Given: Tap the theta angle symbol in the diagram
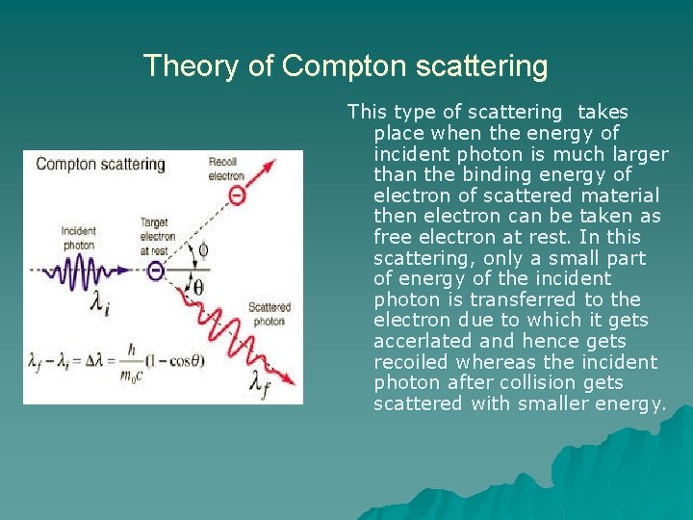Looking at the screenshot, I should click(198, 287).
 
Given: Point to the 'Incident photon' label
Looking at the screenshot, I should click(78, 238).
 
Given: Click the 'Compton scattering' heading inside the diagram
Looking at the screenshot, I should click(100, 164).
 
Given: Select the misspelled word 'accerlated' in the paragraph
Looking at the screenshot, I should click(421, 341).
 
